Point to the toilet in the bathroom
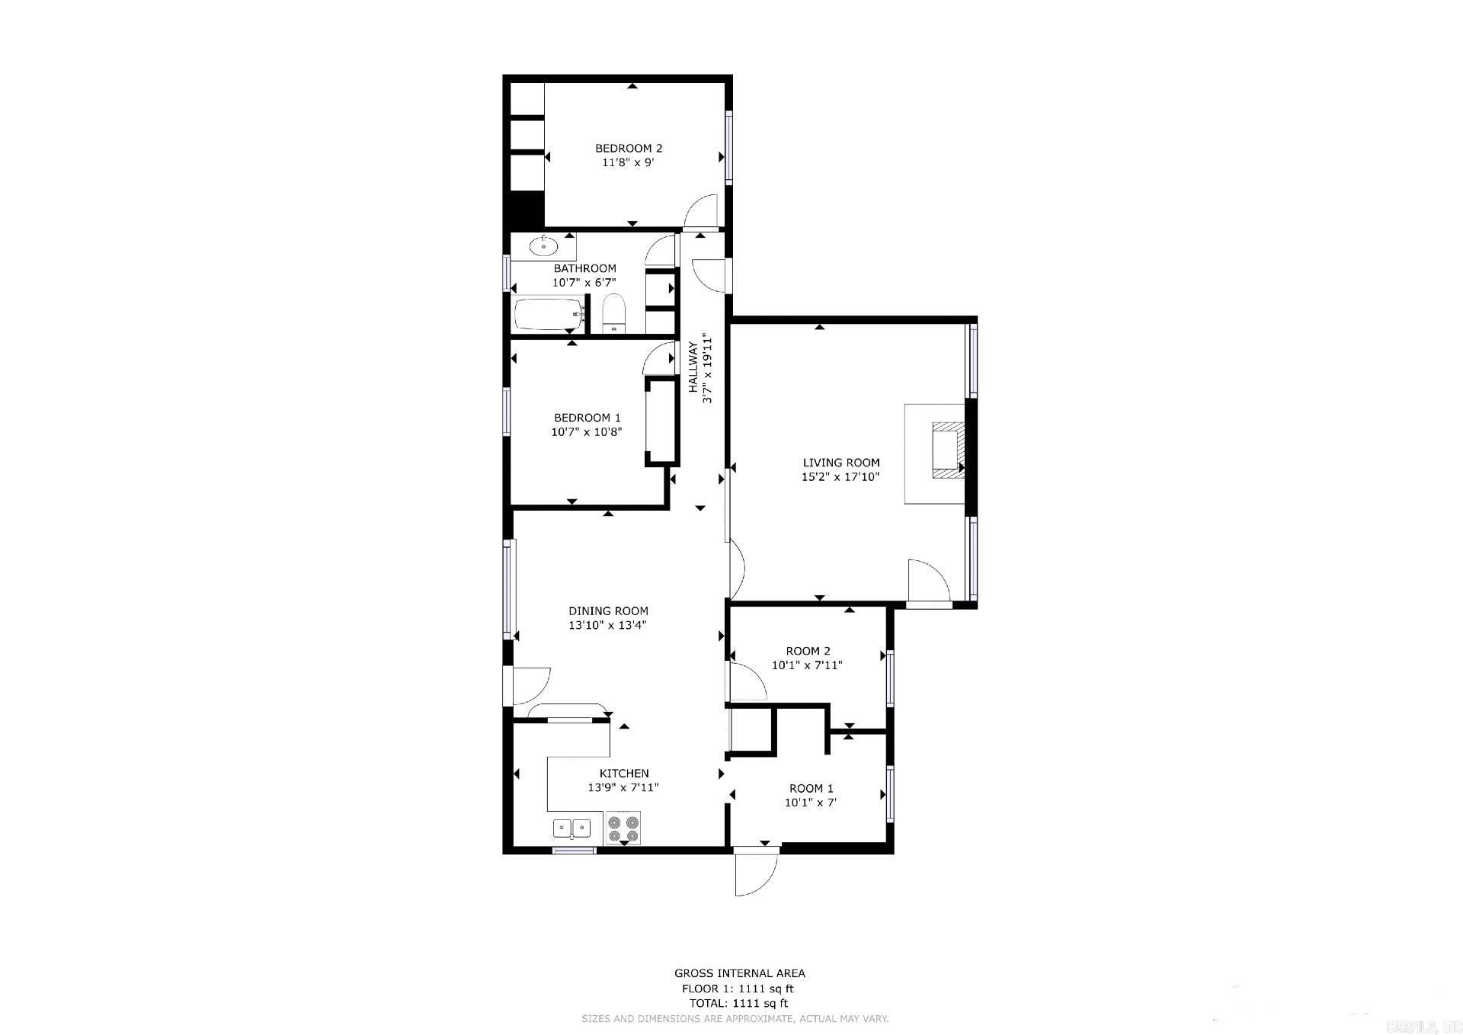coord(613,314)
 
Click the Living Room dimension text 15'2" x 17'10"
coord(840,477)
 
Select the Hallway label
coord(693,367)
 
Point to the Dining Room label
coord(608,610)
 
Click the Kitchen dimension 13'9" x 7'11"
coord(623,787)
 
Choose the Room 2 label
coord(808,651)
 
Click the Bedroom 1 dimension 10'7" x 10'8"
coord(587,431)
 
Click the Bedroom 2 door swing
coord(702,212)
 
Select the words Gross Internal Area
coord(739,973)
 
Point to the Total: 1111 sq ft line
coord(738,1003)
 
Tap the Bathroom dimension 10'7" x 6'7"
coord(584,283)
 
